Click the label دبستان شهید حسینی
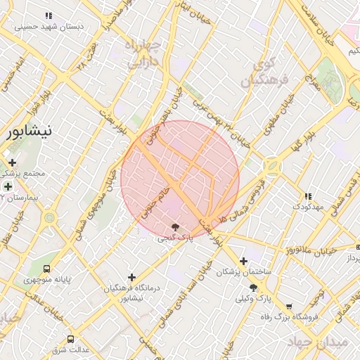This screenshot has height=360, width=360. click(49, 26)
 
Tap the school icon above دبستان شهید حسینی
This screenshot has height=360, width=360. click(48, 15)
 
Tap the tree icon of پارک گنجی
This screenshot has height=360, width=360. click(174, 227)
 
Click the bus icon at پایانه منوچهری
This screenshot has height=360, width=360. click(47, 269)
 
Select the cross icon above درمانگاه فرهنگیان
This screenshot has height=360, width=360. click(131, 278)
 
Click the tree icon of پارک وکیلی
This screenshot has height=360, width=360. click(253, 288)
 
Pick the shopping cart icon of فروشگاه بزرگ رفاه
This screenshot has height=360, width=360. click(288, 307)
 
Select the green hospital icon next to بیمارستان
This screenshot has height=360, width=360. click(8, 186)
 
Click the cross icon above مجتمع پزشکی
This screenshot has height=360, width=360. click(12, 162)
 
